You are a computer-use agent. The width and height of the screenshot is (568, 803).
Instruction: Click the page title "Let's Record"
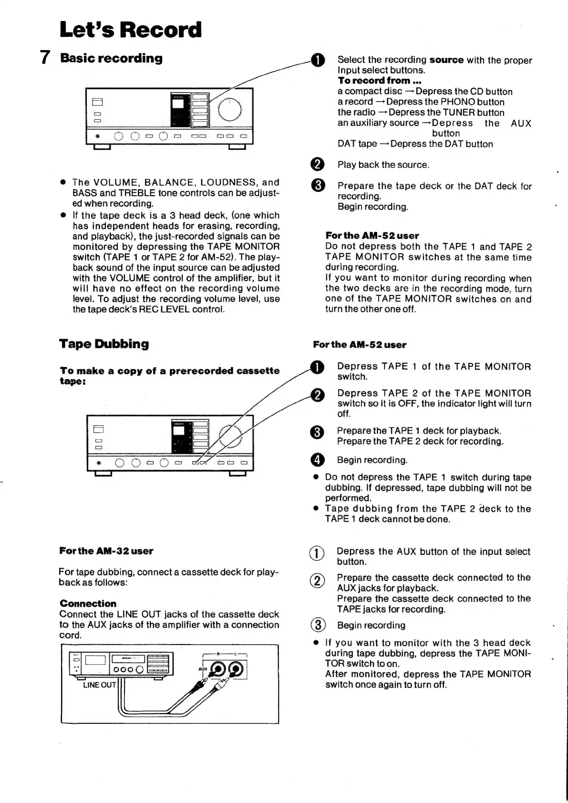click(x=130, y=30)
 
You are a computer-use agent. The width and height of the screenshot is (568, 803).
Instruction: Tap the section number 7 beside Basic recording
click(x=45, y=58)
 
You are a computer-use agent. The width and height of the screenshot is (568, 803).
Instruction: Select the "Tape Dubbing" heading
click(x=104, y=344)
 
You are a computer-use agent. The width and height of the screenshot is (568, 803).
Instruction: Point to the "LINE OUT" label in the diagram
click(x=99, y=685)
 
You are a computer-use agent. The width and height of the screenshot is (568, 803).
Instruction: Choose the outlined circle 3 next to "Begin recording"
click(x=318, y=625)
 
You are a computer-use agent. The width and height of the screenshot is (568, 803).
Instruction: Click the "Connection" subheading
click(x=88, y=604)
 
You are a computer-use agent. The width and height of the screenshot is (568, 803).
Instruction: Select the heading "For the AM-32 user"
click(x=106, y=551)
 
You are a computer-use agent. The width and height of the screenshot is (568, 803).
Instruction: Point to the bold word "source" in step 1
click(x=446, y=60)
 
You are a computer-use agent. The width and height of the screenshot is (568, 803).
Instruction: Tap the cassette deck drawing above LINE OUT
click(x=121, y=664)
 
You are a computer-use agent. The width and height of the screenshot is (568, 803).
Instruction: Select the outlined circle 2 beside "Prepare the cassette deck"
click(x=318, y=581)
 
